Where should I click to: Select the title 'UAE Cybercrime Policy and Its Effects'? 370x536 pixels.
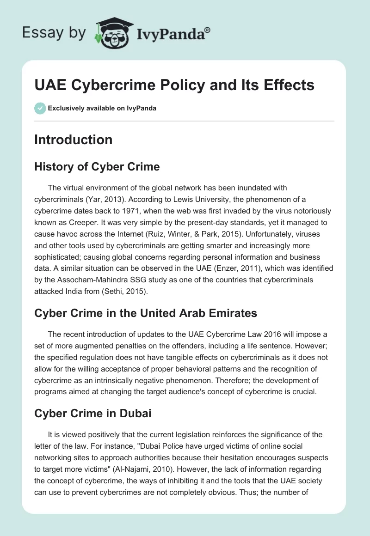click(x=174, y=85)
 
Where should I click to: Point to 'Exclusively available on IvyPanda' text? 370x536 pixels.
click(x=102, y=109)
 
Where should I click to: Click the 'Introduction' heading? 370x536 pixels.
click(x=73, y=140)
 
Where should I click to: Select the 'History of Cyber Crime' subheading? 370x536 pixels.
click(x=97, y=167)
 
